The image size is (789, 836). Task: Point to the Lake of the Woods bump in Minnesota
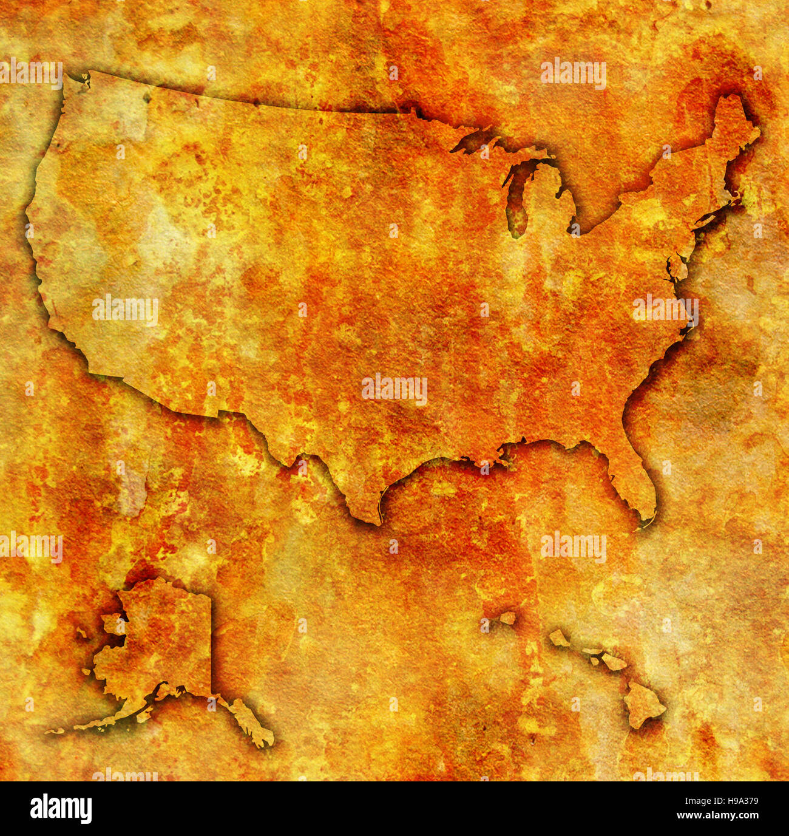point(413,111)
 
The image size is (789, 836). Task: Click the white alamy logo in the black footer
point(61,809)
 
